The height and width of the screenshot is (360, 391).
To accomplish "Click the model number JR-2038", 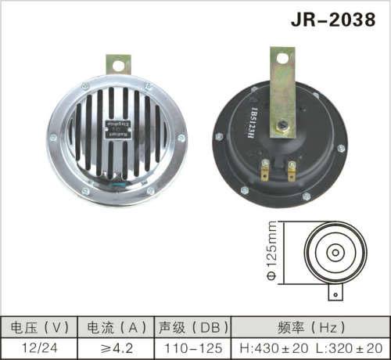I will point(332,19).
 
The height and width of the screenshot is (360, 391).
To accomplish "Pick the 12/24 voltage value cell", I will point(38,346).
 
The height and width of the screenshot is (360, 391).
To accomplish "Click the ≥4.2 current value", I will point(117,346).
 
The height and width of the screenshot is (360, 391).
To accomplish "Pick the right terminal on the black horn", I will point(291,167).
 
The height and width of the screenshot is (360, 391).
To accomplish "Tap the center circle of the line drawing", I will point(334,252).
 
